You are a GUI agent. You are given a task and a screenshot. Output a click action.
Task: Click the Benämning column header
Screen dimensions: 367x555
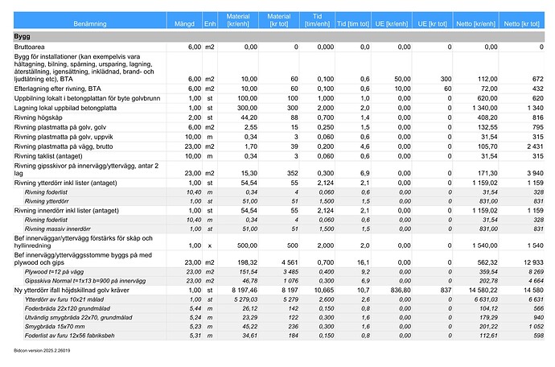(x=89, y=24)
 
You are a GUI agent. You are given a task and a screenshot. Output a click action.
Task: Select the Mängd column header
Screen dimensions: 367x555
(x=187, y=24)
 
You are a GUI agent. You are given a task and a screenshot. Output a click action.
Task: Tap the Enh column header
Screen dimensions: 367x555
(x=209, y=24)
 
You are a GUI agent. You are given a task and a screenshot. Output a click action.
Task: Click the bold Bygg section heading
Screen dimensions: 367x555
(x=23, y=37)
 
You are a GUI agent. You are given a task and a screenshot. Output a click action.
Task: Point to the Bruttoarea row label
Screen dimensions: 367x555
(x=32, y=47)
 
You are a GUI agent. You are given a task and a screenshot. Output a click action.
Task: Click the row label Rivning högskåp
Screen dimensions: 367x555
(x=39, y=118)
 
